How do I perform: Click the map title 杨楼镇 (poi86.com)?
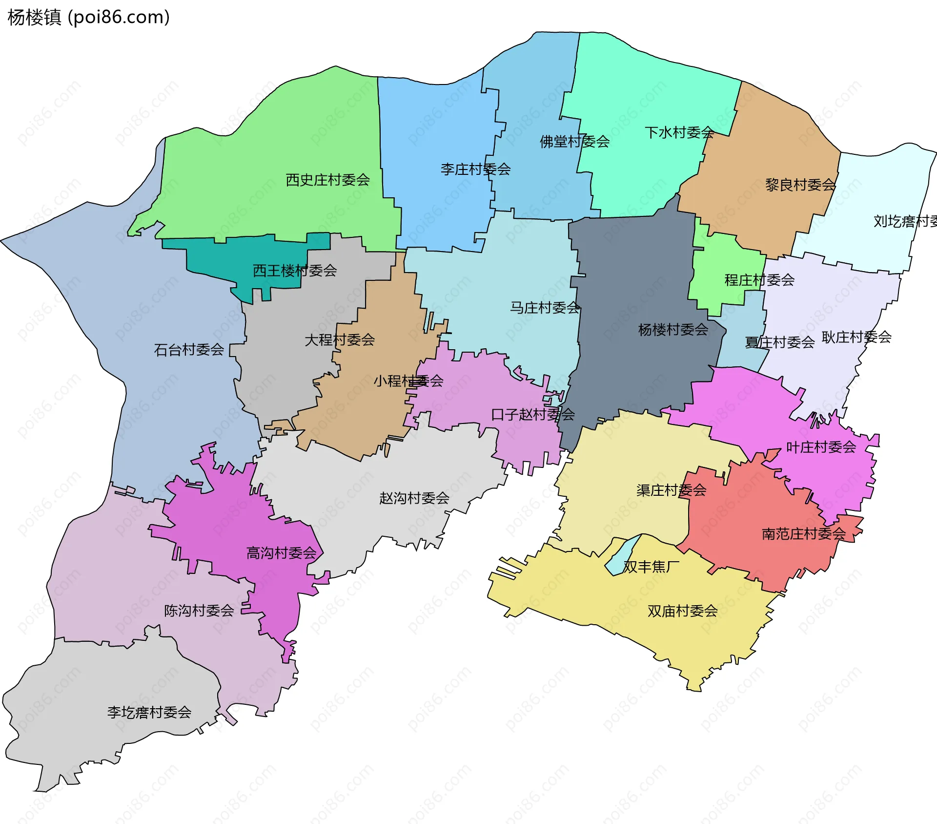(x=89, y=17)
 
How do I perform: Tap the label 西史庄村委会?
(x=327, y=180)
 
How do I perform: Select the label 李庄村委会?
(x=475, y=169)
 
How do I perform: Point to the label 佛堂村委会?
(x=574, y=142)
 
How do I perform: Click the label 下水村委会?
(x=679, y=132)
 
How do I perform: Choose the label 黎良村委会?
(x=800, y=185)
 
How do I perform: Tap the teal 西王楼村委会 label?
(x=295, y=270)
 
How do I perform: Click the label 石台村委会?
(x=189, y=350)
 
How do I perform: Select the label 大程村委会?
(x=340, y=339)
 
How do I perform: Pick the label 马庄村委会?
(x=545, y=307)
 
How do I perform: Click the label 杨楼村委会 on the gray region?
(x=673, y=330)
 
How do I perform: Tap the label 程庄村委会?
(x=759, y=280)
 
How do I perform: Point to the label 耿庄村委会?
(x=856, y=337)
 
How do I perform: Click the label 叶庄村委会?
(x=821, y=447)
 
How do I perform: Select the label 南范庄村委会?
(x=804, y=533)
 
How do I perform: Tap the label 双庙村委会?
(x=682, y=611)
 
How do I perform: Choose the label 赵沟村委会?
(x=414, y=498)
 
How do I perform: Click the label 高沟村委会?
(x=282, y=553)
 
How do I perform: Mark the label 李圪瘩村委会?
(x=149, y=712)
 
